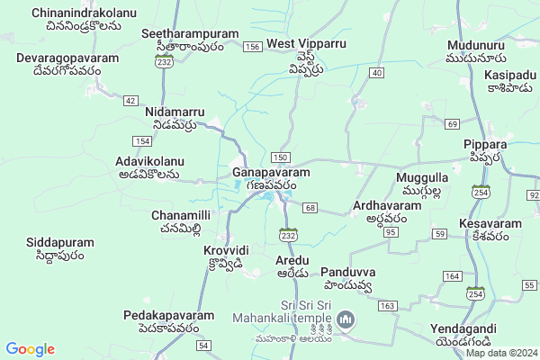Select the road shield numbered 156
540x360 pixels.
pyautogui.click(x=252, y=45)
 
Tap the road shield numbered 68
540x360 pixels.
pyautogui.click(x=310, y=209)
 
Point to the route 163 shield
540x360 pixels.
pyautogui.click(x=387, y=307)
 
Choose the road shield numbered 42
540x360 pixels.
pyautogui.click(x=131, y=100)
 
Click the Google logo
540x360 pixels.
pyautogui.click(x=30, y=348)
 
